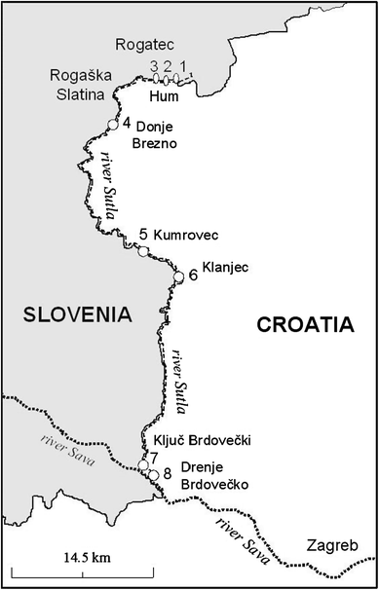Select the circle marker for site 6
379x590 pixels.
click(178, 277)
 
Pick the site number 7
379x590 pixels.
click(154, 457)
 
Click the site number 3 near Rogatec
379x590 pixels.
click(154, 65)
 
